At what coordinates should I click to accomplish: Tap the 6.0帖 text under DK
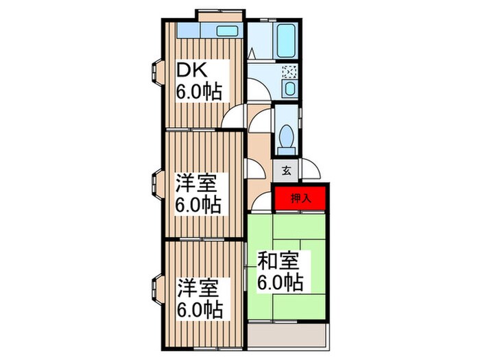point(200,92)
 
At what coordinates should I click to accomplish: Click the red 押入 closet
point(300,199)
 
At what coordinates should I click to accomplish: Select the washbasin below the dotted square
point(289,90)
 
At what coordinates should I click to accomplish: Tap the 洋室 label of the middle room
point(196,184)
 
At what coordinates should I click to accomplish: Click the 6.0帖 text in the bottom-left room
point(200,308)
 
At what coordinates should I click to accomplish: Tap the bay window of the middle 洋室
point(156,184)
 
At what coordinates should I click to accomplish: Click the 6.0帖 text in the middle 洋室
point(200,204)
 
